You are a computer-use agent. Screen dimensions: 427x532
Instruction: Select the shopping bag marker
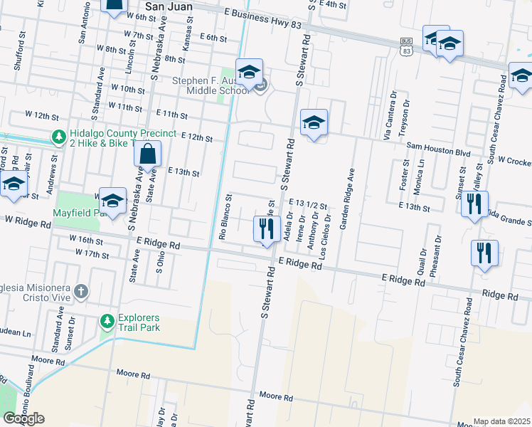pos(147,155)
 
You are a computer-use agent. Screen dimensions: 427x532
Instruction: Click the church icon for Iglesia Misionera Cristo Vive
pos(82,291)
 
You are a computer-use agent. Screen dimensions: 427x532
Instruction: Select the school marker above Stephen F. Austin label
pos(249,73)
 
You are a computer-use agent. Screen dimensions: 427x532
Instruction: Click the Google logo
pos(23,418)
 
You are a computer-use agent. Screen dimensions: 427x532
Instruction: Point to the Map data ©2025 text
pos(501,421)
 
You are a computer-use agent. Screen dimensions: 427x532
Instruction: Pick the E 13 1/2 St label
pos(307,204)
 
